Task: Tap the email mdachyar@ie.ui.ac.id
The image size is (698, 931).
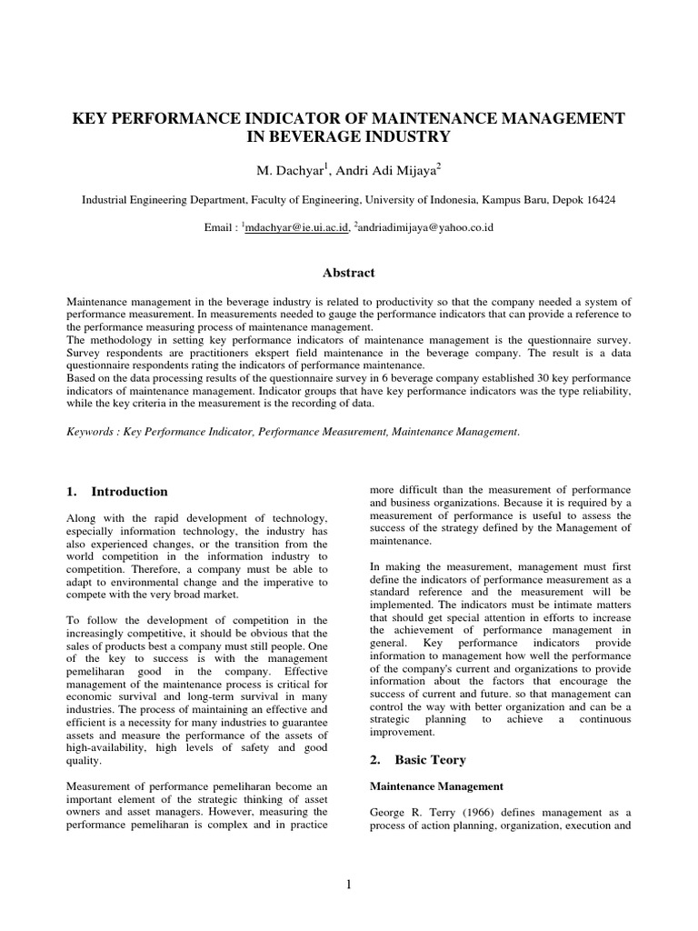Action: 296,227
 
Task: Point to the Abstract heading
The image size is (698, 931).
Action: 349,272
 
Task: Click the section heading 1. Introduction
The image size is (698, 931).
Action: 117,492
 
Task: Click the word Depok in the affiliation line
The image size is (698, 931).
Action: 560,199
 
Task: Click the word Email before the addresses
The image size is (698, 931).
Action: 219,227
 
